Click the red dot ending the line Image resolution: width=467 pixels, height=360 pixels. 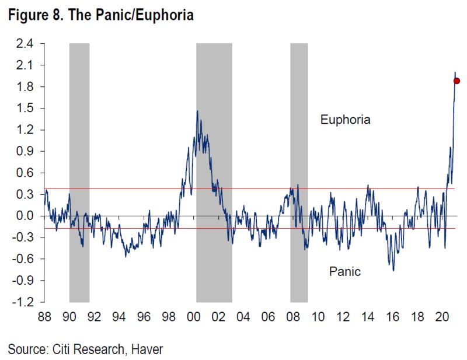tap(457, 81)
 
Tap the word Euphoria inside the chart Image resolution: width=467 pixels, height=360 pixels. tap(346, 120)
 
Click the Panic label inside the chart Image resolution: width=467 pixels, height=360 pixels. tap(345, 271)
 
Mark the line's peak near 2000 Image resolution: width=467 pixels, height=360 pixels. tap(197, 111)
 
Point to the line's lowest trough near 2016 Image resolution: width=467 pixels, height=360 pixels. tap(393, 270)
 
